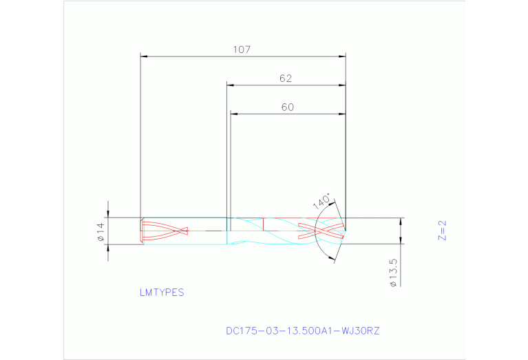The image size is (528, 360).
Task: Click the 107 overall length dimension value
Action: [x=241, y=50]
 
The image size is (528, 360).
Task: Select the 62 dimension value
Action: [x=286, y=78]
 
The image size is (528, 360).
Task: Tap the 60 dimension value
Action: [x=288, y=107]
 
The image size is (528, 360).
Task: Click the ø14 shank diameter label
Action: [x=100, y=231]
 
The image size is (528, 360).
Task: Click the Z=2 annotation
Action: [x=443, y=231]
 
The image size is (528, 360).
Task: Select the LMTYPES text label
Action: [x=162, y=293]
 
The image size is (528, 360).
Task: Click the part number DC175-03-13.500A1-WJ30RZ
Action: [x=302, y=331]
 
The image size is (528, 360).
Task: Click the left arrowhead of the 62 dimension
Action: [x=231, y=85]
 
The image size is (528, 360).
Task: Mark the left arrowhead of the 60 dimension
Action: [x=234, y=114]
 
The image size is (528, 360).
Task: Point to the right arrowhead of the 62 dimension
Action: [x=341, y=85]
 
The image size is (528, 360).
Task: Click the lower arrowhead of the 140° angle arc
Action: [x=335, y=258]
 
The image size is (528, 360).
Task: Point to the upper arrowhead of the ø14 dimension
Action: [x=107, y=213]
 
